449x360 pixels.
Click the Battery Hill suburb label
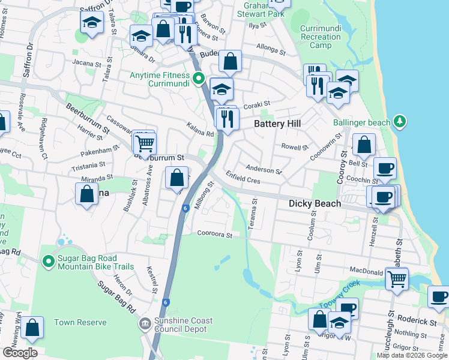click(x=277, y=124)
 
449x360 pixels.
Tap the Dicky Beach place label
click(x=315, y=203)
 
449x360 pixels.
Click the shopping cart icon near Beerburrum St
click(x=145, y=144)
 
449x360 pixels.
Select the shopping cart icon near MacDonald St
click(x=397, y=278)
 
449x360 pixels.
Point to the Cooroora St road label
click(x=214, y=235)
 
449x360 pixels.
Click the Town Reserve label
click(x=73, y=322)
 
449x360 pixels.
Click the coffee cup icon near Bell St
click(x=385, y=168)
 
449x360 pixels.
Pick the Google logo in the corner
click(x=20, y=353)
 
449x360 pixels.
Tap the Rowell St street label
click(x=295, y=146)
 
